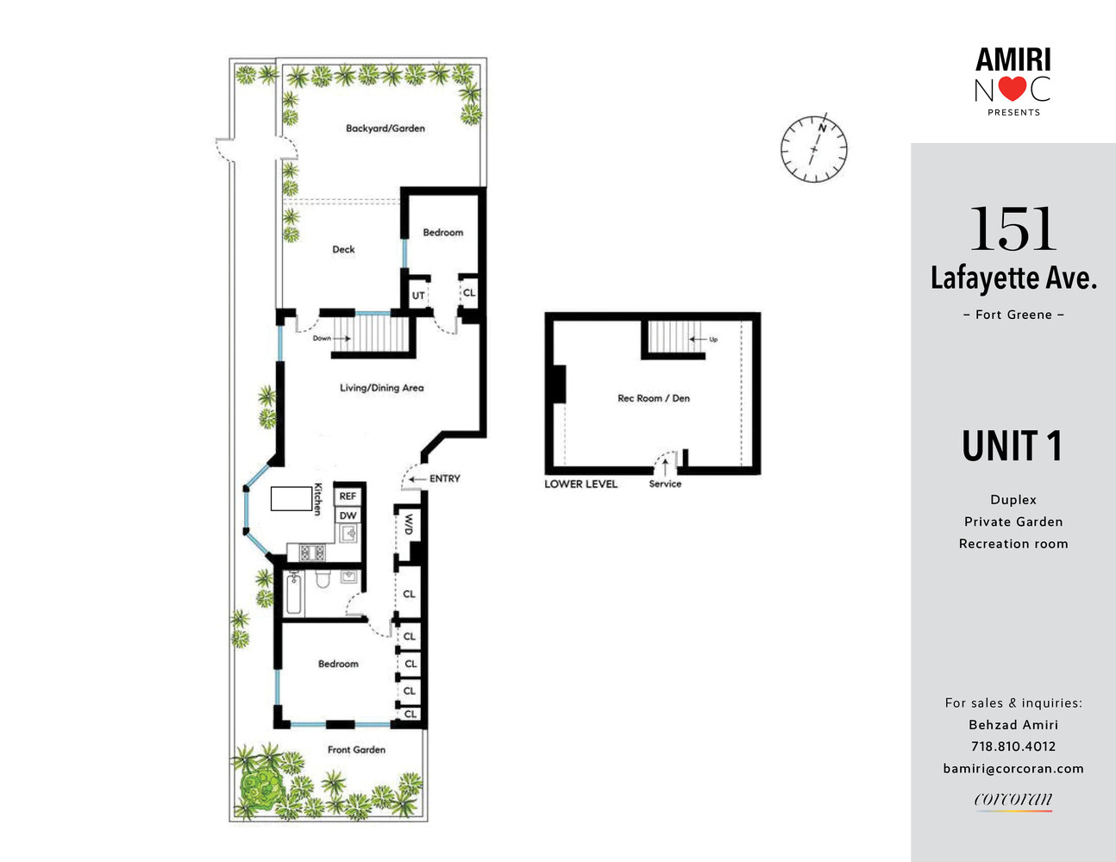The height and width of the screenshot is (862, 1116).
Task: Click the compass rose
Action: point(813,148)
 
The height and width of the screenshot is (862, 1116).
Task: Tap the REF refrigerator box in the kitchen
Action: point(348,496)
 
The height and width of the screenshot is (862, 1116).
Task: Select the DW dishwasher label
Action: point(348,515)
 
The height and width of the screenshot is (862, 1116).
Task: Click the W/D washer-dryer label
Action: point(407,524)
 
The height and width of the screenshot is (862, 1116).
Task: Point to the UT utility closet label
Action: point(418,296)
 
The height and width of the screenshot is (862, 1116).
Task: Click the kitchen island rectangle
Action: point(291,498)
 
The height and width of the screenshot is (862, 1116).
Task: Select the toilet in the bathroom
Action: point(323,578)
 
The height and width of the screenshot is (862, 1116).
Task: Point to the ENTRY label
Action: point(444,478)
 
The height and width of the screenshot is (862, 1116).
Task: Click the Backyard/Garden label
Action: point(385,128)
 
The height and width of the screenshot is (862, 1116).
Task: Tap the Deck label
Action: point(343,249)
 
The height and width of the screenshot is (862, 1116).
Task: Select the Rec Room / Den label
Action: point(654,398)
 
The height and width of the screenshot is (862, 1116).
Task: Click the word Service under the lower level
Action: point(665,484)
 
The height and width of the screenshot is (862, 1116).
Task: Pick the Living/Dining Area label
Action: point(381,388)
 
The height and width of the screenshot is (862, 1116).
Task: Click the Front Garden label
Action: point(356,750)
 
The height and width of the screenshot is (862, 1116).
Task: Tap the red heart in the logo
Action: point(1013,89)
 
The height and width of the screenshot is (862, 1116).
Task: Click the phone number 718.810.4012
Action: point(1013,746)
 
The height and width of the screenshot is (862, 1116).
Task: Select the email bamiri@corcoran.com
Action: point(1013,768)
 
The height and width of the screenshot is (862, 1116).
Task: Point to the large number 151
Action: point(1013,229)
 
